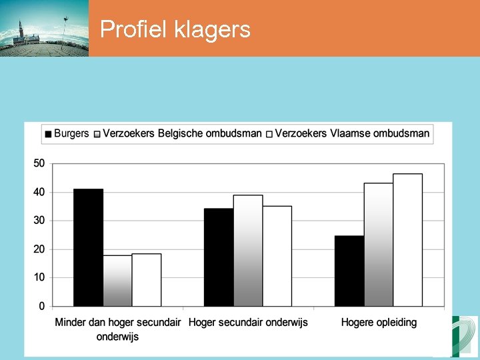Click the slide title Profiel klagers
[175, 29]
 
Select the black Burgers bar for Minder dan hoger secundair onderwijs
[88, 247]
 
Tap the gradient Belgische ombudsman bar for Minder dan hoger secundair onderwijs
[117, 281]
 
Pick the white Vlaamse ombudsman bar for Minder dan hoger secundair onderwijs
[147, 280]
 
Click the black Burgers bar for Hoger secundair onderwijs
[219, 257]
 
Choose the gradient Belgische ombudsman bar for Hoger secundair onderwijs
[248, 251]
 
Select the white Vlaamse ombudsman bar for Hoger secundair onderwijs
[277, 256]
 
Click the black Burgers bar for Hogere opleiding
[349, 271]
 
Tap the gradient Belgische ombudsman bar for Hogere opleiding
[379, 245]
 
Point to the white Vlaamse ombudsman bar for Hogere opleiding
[408, 240]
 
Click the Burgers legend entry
[67, 133]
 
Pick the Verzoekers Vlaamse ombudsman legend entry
[347, 133]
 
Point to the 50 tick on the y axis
[39, 163]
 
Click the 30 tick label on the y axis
[39, 221]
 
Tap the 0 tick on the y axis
[42, 307]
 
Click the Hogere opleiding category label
[379, 323]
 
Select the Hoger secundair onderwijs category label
[248, 323]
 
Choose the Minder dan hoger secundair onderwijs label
[117, 329]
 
